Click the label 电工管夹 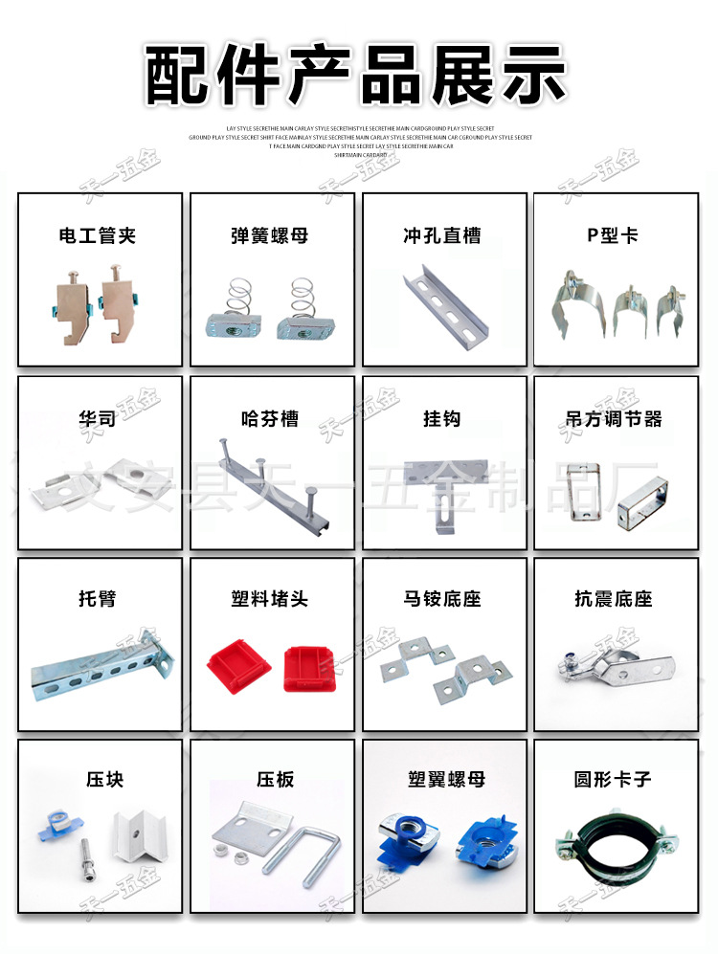point(98,235)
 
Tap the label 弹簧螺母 point(270,235)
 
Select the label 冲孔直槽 point(441,235)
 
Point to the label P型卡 point(613,235)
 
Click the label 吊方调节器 point(614,419)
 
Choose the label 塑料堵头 point(270,599)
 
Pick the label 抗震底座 point(614,599)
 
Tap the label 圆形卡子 point(614,779)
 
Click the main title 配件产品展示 point(357,75)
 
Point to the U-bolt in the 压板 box point(315,852)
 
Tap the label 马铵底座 point(441,599)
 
